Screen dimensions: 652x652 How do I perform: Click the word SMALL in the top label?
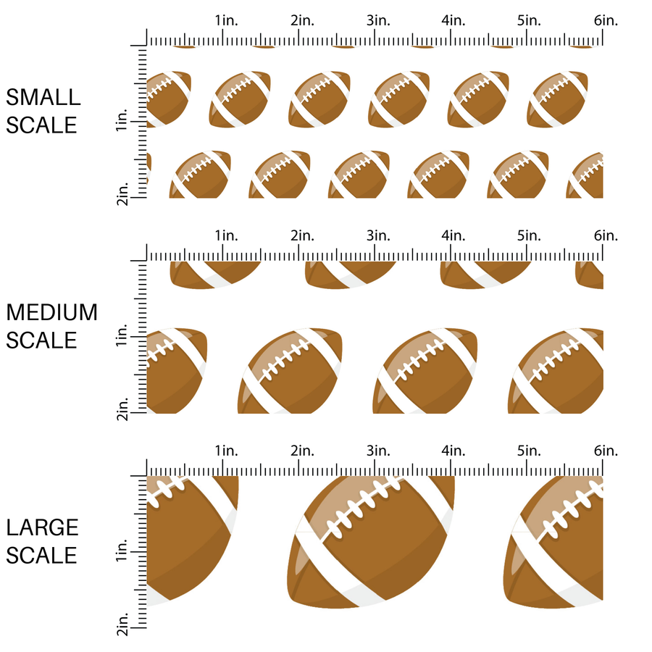click(x=43, y=97)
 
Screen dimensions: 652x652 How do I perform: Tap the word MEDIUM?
click(x=51, y=312)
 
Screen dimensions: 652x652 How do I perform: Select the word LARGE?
click(x=42, y=527)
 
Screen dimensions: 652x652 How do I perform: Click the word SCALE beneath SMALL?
click(x=42, y=125)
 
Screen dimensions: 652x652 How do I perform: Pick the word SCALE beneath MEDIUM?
click(x=42, y=340)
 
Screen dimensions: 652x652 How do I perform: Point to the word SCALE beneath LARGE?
click(x=42, y=556)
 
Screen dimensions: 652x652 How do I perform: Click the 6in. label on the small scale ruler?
click(x=606, y=20)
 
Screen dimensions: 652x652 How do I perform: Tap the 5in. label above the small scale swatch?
click(x=530, y=20)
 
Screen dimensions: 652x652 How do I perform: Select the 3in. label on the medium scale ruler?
click(x=377, y=235)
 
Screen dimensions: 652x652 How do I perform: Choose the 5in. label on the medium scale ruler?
click(x=530, y=235)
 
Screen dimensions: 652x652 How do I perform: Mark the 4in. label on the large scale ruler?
click(x=454, y=451)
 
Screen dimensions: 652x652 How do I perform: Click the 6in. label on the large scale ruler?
click(x=606, y=451)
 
